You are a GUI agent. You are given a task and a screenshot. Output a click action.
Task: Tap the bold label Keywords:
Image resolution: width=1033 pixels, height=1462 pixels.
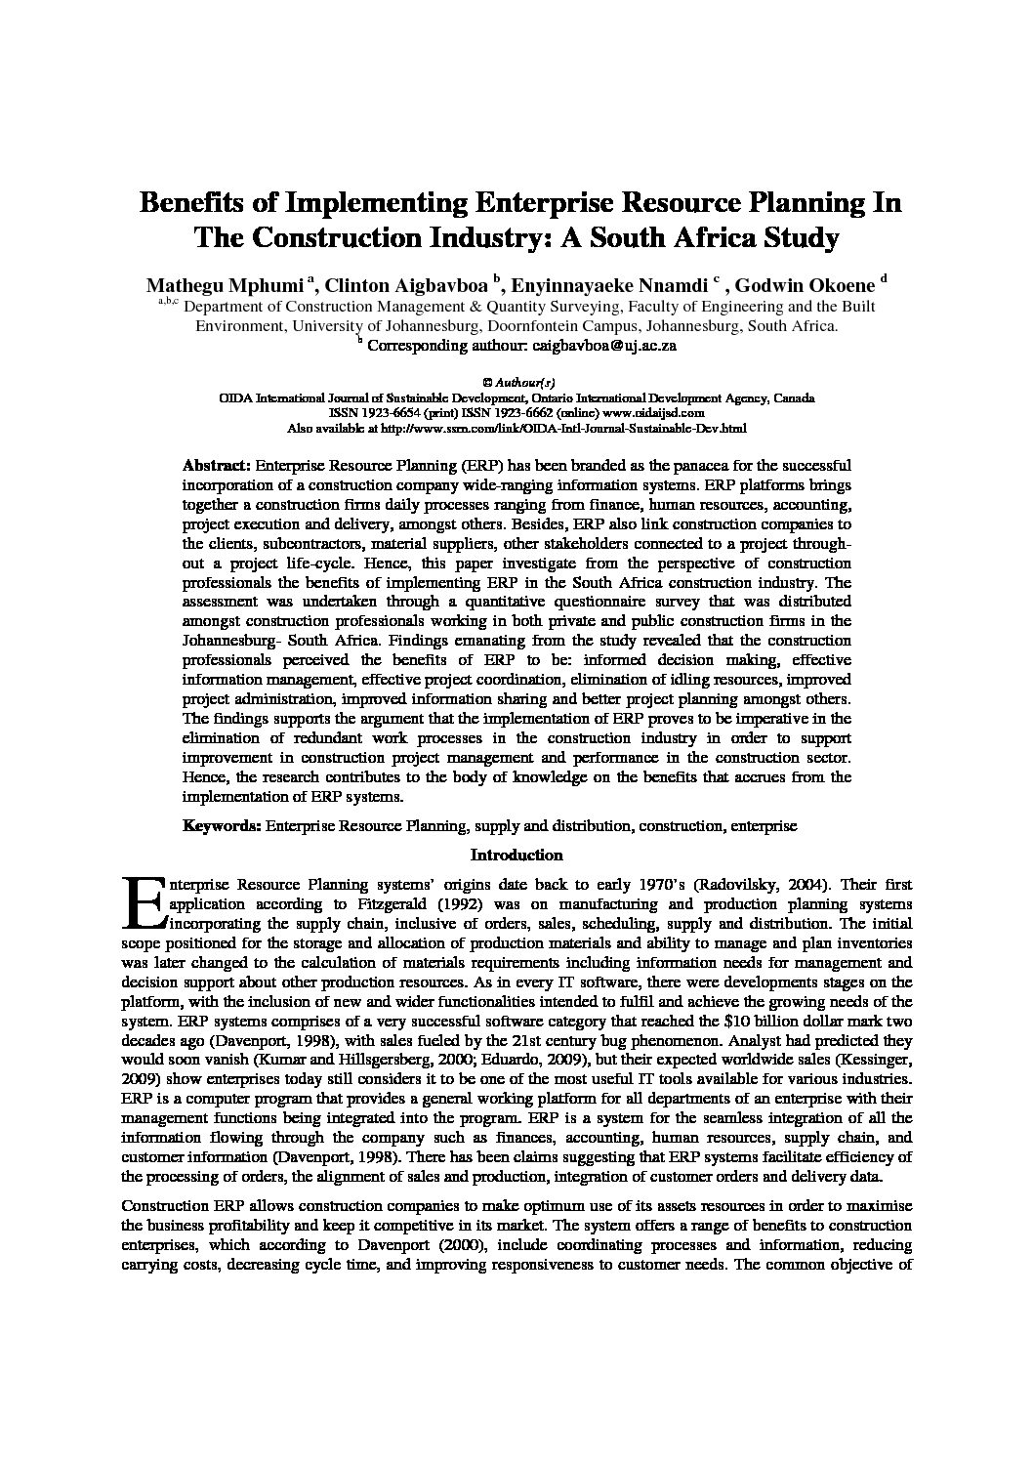222,826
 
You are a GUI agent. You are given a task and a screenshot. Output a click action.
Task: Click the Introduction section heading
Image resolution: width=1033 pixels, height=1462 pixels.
516,856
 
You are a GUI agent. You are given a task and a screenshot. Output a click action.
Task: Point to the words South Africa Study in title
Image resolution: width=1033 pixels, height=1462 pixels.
723,237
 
